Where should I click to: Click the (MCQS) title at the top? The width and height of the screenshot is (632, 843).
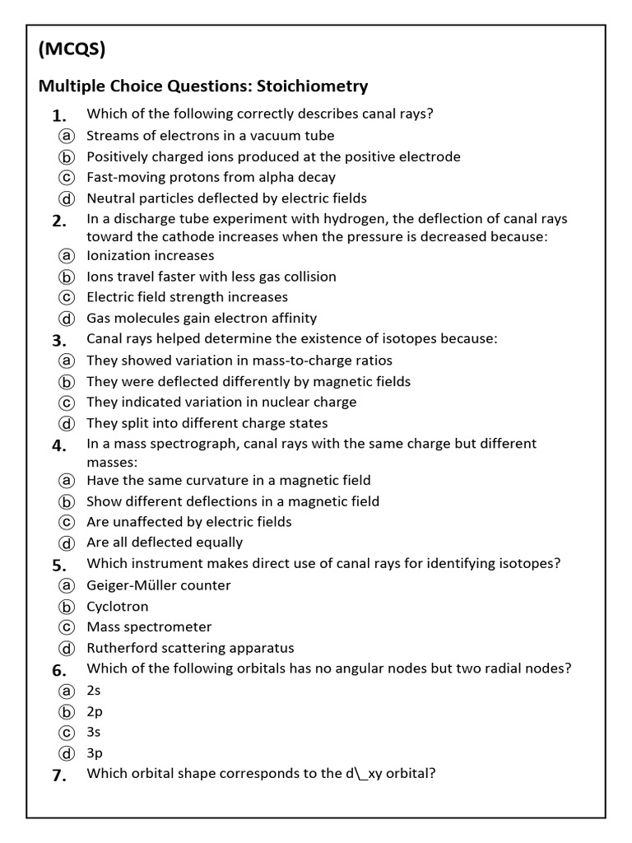[x=72, y=50]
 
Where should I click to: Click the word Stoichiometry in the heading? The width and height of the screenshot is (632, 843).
[x=313, y=86]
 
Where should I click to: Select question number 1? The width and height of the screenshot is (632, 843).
[x=58, y=115]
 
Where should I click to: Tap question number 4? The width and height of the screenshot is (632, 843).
[x=58, y=445]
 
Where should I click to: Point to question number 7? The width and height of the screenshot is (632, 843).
[x=58, y=775]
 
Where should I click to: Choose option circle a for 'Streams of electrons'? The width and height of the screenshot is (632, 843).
[x=67, y=136]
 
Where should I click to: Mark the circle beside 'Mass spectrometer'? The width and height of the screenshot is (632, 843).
[x=67, y=627]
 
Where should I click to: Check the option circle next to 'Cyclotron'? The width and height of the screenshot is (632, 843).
[x=67, y=607]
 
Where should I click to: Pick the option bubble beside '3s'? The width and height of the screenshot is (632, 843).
[x=67, y=732]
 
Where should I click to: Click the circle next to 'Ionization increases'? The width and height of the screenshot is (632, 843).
[x=67, y=256]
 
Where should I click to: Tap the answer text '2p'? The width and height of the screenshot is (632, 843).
[x=95, y=711]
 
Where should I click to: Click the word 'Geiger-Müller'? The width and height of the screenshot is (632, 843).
[x=129, y=585]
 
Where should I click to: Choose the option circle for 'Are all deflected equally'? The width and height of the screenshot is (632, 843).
[x=67, y=543]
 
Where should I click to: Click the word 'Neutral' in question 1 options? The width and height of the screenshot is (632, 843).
[x=110, y=198]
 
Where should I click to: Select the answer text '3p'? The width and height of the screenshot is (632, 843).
[x=95, y=752]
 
